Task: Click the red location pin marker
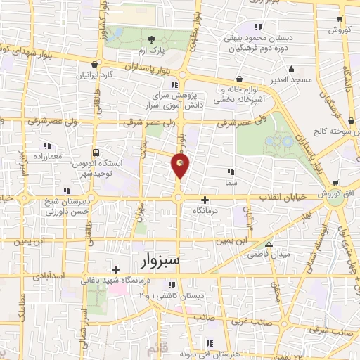181,166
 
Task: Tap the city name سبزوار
160,262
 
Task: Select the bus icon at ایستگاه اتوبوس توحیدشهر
96,151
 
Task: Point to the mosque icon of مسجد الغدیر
290,69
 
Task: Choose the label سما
230,181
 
